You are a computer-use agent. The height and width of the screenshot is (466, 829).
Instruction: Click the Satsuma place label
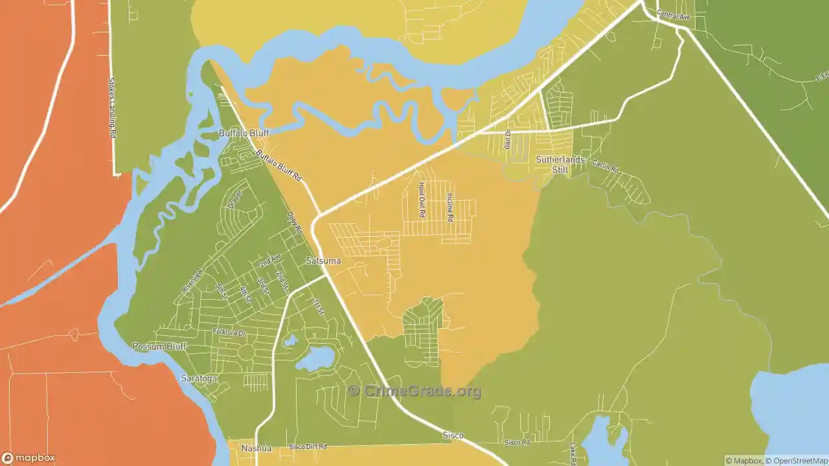pos(323,261)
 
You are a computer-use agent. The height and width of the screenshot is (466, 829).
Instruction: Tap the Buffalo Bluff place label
pos(244,133)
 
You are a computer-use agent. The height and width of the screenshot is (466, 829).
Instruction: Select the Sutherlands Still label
pos(560,164)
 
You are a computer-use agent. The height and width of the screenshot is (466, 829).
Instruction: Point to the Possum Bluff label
pos(159,346)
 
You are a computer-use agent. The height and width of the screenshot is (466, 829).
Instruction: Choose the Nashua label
pos(256,448)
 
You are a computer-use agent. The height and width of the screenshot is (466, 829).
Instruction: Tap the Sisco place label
pos(453,436)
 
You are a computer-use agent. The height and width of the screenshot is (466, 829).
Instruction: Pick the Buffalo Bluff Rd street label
pos(279,166)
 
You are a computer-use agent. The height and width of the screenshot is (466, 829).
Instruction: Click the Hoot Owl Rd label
pos(421,199)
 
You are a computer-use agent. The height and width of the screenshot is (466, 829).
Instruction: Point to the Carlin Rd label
pos(605,165)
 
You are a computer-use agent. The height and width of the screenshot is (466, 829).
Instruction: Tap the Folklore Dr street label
pos(230,333)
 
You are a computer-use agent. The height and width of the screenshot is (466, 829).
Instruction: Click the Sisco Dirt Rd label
pos(308,447)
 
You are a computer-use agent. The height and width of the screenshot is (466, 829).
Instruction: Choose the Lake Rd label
pos(573,454)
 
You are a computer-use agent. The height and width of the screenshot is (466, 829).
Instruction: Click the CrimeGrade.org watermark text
pos(414,391)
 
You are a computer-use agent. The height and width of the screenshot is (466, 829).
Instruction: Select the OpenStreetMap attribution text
pos(797,461)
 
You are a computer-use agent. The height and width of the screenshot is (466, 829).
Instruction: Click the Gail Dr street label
pos(507,139)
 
